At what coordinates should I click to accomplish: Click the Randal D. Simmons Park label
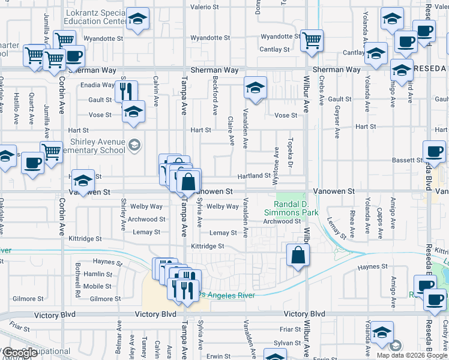[292, 208]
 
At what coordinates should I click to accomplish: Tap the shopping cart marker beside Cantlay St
[312, 41]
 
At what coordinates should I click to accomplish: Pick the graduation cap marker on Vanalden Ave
[255, 89]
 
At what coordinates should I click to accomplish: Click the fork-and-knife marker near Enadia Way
[126, 91]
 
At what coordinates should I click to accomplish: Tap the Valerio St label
[204, 7]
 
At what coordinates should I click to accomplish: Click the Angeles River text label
[231, 295]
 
